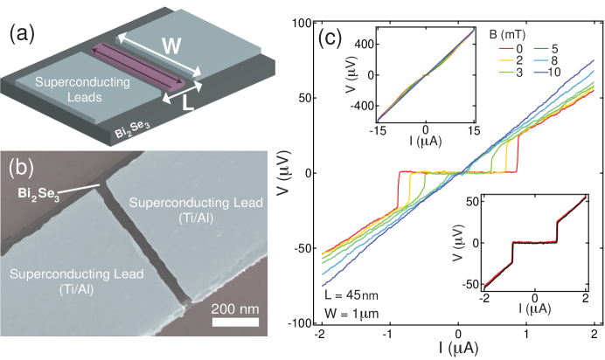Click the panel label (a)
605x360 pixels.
point(23,36)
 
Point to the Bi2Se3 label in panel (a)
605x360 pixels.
point(130,132)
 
